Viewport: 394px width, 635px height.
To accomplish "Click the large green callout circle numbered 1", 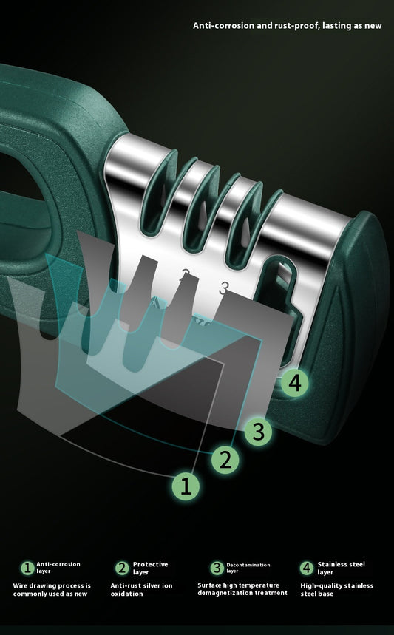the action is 186,486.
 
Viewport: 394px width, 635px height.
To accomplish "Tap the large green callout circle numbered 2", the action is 226,459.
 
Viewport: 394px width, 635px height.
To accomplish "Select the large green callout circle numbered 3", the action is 258,431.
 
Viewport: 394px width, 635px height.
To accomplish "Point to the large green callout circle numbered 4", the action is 295,383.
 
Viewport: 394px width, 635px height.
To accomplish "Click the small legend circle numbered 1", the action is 27,568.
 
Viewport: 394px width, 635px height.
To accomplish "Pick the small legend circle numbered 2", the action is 122,568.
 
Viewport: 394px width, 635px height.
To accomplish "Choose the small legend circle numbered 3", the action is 217,568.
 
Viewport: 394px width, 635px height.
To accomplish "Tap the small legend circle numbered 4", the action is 307,568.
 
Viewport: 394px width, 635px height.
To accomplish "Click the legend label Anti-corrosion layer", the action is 58,568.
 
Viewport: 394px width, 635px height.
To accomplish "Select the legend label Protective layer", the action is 150,568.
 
